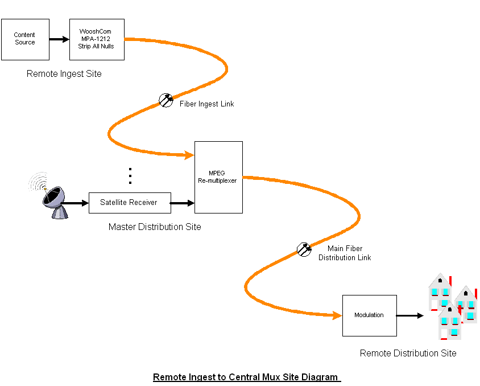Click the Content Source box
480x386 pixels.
[x=26, y=39]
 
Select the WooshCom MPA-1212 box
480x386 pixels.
[x=97, y=39]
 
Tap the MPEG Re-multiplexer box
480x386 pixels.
[x=218, y=177]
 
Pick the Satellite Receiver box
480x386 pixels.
[x=130, y=203]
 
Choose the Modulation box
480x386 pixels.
[x=370, y=315]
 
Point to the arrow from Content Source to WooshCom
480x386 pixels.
[x=59, y=39]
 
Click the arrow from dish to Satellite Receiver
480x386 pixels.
[x=75, y=203]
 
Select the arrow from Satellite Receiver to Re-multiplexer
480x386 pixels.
[x=183, y=203]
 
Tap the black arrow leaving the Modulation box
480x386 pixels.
[x=410, y=315]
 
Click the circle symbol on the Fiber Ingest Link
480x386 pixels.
[x=166, y=100]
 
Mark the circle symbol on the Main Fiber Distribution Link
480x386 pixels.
[x=304, y=250]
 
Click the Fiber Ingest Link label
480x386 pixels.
[x=207, y=104]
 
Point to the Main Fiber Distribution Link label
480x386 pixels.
[x=345, y=253]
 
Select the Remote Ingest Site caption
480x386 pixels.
[x=64, y=74]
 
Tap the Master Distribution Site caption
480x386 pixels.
[x=155, y=227]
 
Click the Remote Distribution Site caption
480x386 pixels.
[x=408, y=353]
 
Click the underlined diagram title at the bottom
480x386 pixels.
[x=247, y=377]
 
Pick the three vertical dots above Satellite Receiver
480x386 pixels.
[x=130, y=176]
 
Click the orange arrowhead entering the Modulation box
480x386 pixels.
[x=338, y=315]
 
